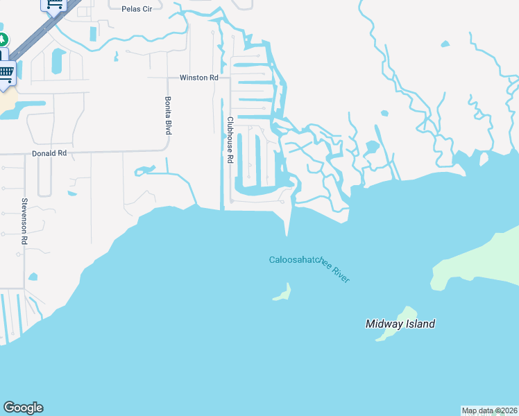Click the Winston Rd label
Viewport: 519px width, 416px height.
(x=199, y=78)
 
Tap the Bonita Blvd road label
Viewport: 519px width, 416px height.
(x=167, y=115)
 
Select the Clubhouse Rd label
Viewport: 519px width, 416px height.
(x=230, y=139)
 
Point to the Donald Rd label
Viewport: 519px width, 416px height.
(x=49, y=153)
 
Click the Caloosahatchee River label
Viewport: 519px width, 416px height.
(x=309, y=268)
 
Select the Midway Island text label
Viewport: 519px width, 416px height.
(x=400, y=324)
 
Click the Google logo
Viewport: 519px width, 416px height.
(x=23, y=408)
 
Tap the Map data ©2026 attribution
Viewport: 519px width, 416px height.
(x=489, y=410)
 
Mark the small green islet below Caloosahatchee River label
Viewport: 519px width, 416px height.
(x=282, y=293)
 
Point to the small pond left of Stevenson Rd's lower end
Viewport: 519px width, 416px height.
(x=33, y=277)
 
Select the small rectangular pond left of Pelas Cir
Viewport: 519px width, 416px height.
(x=93, y=33)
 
